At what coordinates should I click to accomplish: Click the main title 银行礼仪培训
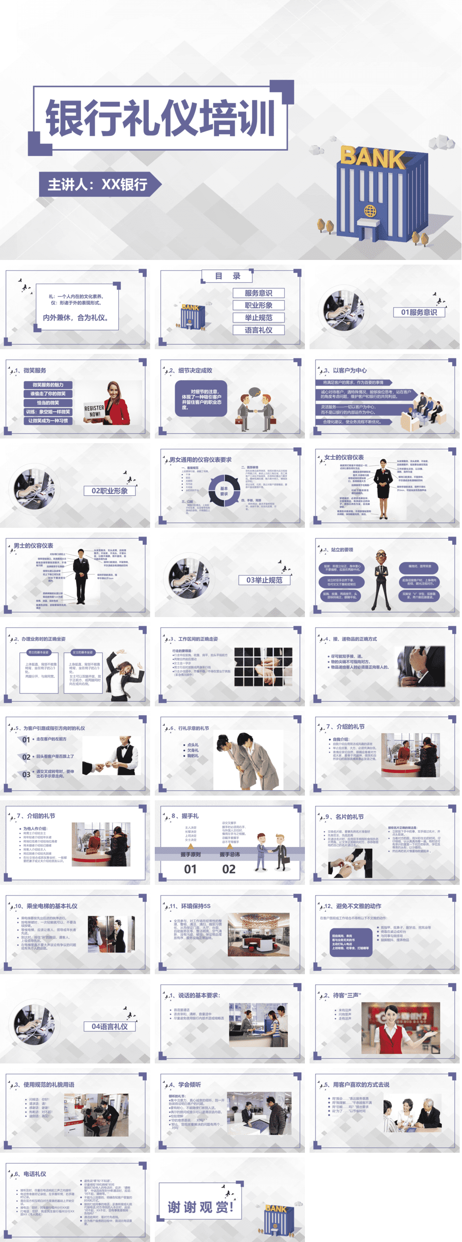[160, 117]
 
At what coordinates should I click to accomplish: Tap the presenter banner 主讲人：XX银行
[98, 184]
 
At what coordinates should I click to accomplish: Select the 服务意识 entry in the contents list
[258, 293]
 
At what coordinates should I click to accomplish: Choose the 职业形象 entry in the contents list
[258, 305]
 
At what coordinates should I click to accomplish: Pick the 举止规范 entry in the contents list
[258, 318]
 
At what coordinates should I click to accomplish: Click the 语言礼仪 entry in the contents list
[258, 330]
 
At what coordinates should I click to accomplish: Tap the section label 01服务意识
[419, 312]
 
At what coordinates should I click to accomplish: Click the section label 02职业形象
[109, 491]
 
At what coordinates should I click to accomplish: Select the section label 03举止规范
[264, 580]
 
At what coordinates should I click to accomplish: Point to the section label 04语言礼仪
[109, 1026]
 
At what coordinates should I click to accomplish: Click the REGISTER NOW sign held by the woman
[94, 411]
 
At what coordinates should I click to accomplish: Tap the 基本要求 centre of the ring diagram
[224, 491]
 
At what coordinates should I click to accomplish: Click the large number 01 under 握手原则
[190, 869]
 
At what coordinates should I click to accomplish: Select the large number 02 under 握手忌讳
[229, 869]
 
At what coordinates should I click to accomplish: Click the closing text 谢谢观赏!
[200, 1207]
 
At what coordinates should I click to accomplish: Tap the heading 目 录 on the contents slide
[227, 276]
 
